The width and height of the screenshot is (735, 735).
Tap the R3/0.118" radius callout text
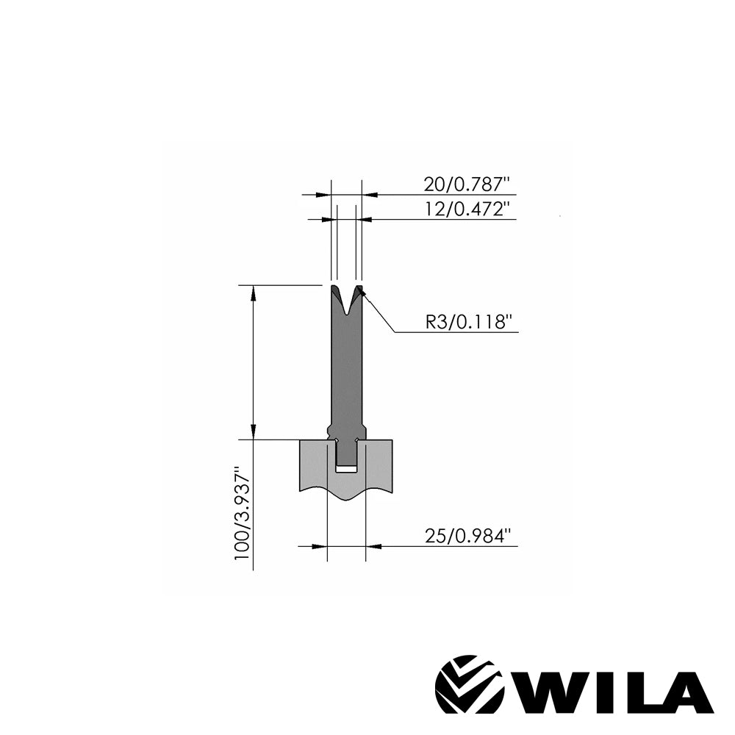click(468, 321)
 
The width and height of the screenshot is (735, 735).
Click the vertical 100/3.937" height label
click(243, 512)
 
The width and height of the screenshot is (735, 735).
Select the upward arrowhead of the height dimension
click(254, 292)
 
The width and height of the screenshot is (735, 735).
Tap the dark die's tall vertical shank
click(345, 367)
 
